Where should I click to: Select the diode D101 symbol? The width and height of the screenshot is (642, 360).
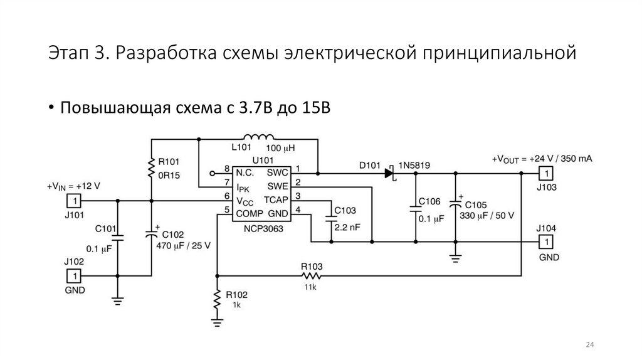389,172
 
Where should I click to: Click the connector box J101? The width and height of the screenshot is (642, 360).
73,201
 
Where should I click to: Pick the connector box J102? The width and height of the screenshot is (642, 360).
73,275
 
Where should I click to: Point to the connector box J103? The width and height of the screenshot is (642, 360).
547,172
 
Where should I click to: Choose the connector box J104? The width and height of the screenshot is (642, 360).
547,241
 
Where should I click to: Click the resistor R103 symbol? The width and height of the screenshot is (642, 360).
312,275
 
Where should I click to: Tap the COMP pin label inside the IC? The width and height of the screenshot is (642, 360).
249,213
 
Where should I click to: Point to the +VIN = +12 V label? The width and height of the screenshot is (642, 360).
73,187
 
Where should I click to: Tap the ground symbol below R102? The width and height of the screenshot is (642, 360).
216,322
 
